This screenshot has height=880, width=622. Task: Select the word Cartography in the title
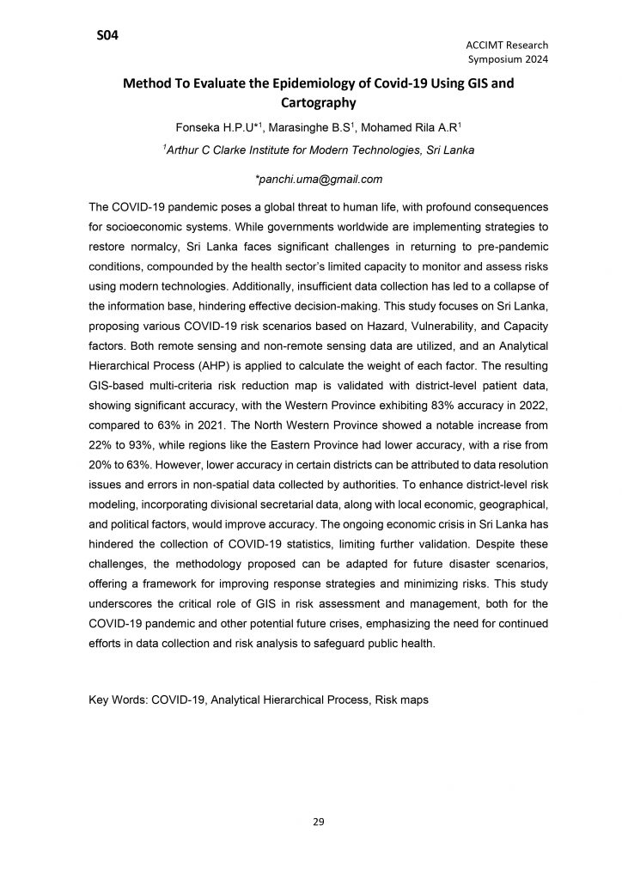click(x=311, y=103)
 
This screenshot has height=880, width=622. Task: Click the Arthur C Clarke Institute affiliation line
click(x=311, y=150)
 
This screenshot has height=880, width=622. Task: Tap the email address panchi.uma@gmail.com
click(x=311, y=180)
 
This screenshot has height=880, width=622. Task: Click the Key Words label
click(x=118, y=700)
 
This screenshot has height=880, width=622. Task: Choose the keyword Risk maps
click(x=401, y=700)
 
